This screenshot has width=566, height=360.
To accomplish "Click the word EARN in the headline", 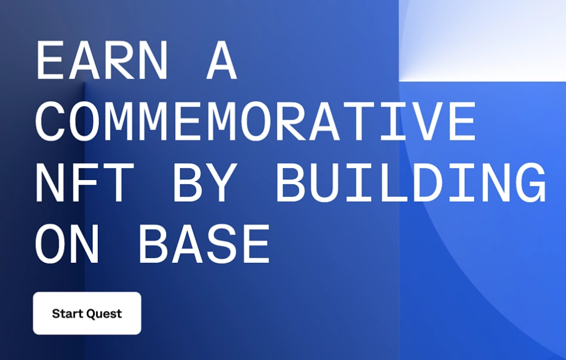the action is click(102, 60).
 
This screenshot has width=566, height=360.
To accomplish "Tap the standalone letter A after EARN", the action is click(222, 60).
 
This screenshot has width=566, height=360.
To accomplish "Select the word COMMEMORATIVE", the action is click(255, 121).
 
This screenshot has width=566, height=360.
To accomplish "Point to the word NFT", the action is click(85, 182).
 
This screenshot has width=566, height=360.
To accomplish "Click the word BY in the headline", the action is click(204, 182).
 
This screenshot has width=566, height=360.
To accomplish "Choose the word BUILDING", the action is click(411, 182).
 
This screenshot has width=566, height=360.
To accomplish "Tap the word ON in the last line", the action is click(67, 244).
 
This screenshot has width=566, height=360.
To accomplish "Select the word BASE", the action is click(204, 244).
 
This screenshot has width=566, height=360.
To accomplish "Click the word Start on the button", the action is click(68, 313).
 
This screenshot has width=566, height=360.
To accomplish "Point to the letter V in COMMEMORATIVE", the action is click(426, 121).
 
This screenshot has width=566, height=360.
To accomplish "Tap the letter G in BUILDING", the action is click(531, 182).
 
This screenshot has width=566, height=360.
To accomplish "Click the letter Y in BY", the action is click(222, 182).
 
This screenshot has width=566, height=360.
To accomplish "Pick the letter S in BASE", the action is click(222, 244).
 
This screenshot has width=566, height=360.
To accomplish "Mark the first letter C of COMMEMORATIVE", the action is click(50, 121).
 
